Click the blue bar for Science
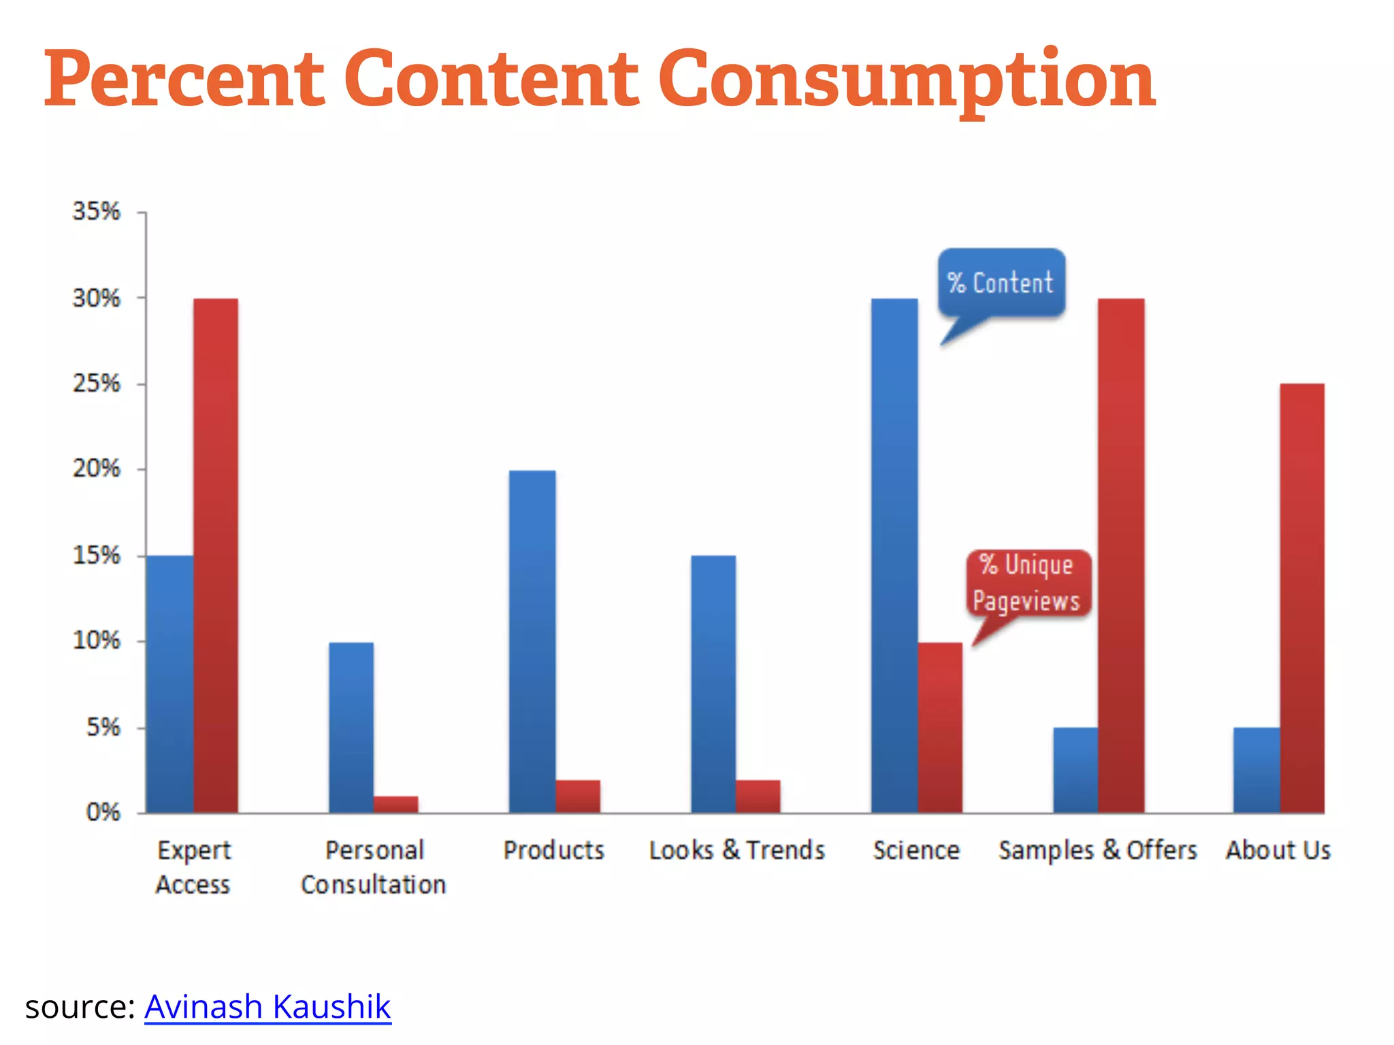point(894,555)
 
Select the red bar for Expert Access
point(216,555)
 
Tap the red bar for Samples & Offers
point(1121,555)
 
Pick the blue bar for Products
point(532,641)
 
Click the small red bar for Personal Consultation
point(395,804)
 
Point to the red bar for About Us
point(1302,598)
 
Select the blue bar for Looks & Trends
point(713,684)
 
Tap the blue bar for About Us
point(1257,769)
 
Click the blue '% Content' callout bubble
point(1001,282)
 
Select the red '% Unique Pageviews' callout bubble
point(1028,583)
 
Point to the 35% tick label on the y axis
point(96,212)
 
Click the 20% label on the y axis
point(96,469)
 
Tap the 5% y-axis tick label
point(103,727)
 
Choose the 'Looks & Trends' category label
point(736,850)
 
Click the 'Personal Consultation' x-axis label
point(374,867)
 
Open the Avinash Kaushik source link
point(268,1006)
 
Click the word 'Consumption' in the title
point(907,80)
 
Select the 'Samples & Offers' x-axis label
point(1097,850)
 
